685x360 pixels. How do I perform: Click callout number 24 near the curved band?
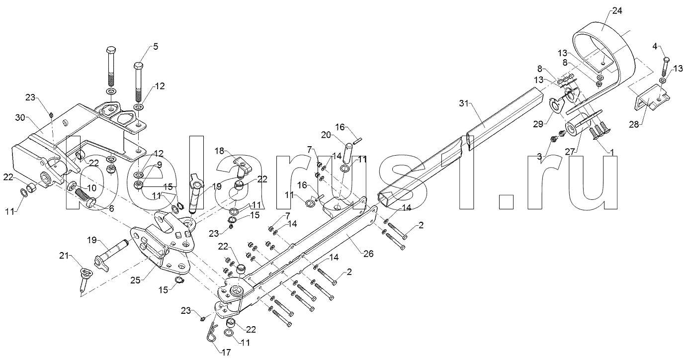click(x=617, y=11)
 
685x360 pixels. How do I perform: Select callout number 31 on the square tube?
click(x=464, y=104)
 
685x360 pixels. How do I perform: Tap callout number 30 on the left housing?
click(x=20, y=117)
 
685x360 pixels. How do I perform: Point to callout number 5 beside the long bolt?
click(x=156, y=46)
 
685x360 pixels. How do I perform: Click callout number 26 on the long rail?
click(x=368, y=254)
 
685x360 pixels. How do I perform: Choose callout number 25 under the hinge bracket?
click(x=135, y=280)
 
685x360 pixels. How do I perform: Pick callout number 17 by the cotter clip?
click(x=226, y=352)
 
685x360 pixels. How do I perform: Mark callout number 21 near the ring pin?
click(x=64, y=256)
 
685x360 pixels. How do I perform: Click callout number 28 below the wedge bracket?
click(x=634, y=124)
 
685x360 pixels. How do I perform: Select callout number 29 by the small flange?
click(x=538, y=124)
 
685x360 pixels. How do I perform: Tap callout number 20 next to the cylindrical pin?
click(x=326, y=135)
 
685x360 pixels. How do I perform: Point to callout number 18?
click(x=219, y=151)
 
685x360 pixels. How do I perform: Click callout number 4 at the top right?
click(x=655, y=46)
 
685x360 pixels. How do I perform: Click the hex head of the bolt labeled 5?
click(x=139, y=66)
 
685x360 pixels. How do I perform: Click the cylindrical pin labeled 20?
click(x=349, y=153)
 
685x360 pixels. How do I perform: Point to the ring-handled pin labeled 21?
click(x=84, y=279)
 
